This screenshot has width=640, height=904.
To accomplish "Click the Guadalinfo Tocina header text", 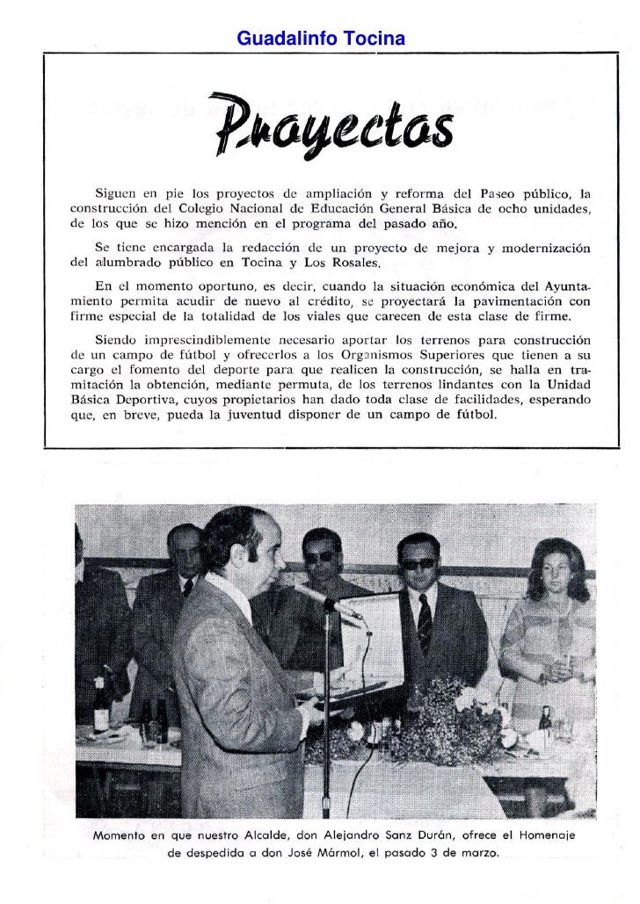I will [x=321, y=40].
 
